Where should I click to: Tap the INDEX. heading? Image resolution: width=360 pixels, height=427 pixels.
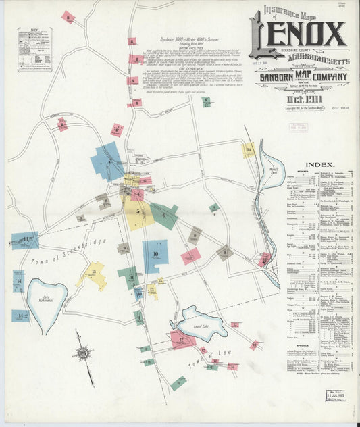(319, 164)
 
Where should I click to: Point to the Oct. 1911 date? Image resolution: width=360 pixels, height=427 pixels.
(295, 97)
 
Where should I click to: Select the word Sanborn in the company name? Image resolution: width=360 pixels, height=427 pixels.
(267, 76)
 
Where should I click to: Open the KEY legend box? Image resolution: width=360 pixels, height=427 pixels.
(33, 50)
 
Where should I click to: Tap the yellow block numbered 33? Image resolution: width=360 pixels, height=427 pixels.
(249, 149)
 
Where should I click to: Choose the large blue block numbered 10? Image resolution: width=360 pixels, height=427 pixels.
(155, 255)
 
